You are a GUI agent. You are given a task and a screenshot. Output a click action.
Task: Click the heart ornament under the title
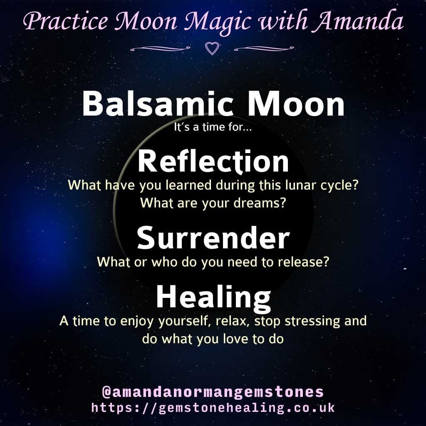click(212, 48)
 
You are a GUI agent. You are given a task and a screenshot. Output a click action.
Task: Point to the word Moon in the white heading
click(296, 104)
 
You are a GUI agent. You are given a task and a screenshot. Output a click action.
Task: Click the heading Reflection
click(213, 161)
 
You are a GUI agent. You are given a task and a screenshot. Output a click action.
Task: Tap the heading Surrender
click(213, 238)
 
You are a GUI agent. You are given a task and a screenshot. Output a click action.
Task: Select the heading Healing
click(213, 298)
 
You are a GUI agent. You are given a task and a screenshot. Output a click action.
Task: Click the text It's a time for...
click(213, 127)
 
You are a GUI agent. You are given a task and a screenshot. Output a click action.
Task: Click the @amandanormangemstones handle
click(213, 392)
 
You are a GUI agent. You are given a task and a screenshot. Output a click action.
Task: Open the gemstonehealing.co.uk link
click(213, 408)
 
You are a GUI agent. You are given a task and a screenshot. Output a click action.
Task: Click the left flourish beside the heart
click(160, 49)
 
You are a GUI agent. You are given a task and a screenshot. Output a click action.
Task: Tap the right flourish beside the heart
click(264, 49)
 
